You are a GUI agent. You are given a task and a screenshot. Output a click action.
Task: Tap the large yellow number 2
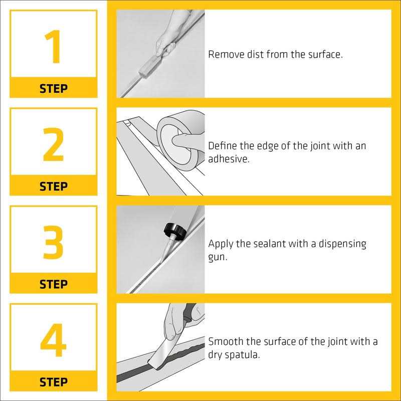pyautogui.click(x=53, y=144)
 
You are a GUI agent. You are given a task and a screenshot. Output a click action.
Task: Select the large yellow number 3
pyautogui.click(x=53, y=242)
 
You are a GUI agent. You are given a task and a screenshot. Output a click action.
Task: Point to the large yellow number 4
pyautogui.click(x=54, y=340)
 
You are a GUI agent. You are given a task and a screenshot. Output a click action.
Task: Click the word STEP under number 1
pyautogui.click(x=54, y=89)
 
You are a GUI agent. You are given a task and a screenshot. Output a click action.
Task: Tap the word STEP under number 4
pyautogui.click(x=54, y=382)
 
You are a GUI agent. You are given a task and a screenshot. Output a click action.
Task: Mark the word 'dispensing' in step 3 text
pyautogui.click(x=342, y=244)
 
